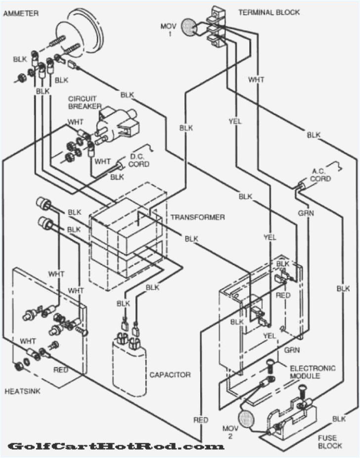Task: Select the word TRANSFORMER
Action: coord(197,217)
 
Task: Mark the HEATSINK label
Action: coord(23,391)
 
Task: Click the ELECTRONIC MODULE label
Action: coord(312,372)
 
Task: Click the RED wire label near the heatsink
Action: coord(60,369)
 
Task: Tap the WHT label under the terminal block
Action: coord(256,79)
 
